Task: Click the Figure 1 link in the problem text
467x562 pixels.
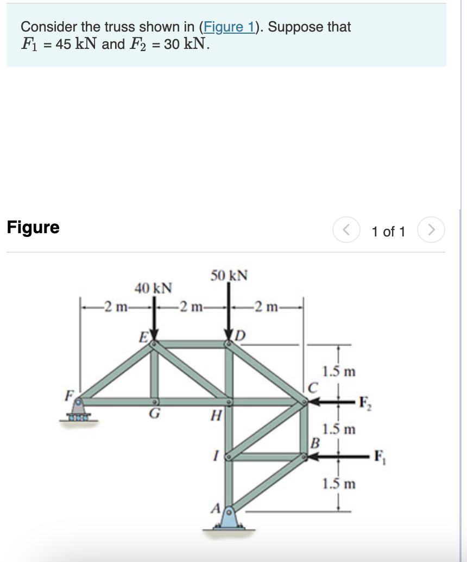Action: click(231, 27)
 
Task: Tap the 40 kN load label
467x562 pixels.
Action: click(153, 286)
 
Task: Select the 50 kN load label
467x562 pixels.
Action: click(229, 275)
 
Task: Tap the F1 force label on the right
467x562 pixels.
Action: click(378, 457)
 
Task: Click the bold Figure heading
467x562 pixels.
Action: click(33, 227)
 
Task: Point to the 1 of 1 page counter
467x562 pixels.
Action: click(388, 232)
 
